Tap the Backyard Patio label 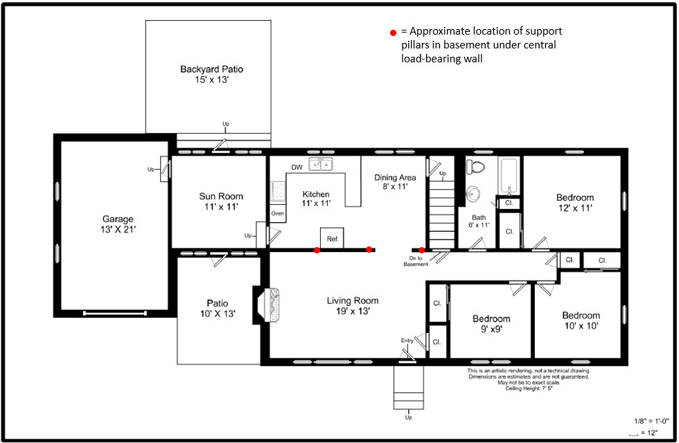211,69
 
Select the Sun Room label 221,197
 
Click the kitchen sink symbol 321,165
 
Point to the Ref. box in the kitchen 333,238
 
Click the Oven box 278,214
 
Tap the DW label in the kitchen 297,168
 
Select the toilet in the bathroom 475,167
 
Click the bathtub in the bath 509,177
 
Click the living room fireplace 269,305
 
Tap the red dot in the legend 392,33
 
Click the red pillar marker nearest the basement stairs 421,250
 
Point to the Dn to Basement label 416,261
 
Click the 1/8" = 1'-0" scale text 651,421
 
